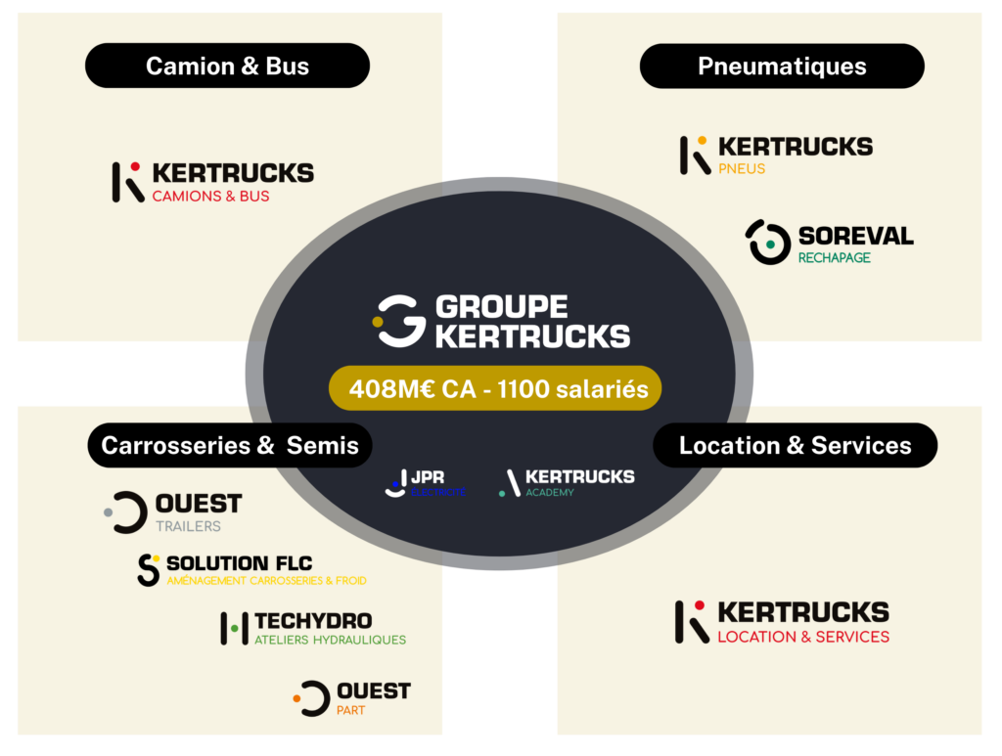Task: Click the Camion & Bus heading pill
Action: point(227,67)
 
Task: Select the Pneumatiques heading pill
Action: point(782,67)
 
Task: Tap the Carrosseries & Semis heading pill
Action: point(230,446)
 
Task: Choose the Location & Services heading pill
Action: point(795,446)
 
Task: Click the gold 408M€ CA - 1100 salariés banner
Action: point(495,389)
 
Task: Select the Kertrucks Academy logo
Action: point(567,482)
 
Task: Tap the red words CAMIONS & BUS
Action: point(210,196)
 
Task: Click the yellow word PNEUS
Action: point(742,169)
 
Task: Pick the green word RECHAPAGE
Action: point(834,258)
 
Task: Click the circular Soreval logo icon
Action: point(769,242)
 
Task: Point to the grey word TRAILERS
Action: point(188,526)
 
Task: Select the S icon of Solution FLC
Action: point(149,570)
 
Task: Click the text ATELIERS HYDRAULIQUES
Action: point(330,641)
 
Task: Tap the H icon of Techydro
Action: point(233,628)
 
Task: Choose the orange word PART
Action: point(350,710)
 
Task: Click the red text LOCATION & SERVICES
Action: point(803,637)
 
